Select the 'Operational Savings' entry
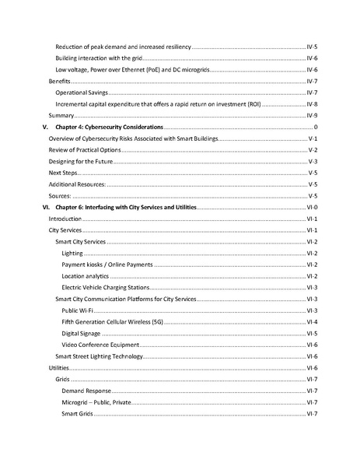click(x=82, y=93)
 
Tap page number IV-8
click(x=312, y=103)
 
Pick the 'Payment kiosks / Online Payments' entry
click(x=107, y=265)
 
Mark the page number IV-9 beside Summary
click(x=312, y=115)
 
